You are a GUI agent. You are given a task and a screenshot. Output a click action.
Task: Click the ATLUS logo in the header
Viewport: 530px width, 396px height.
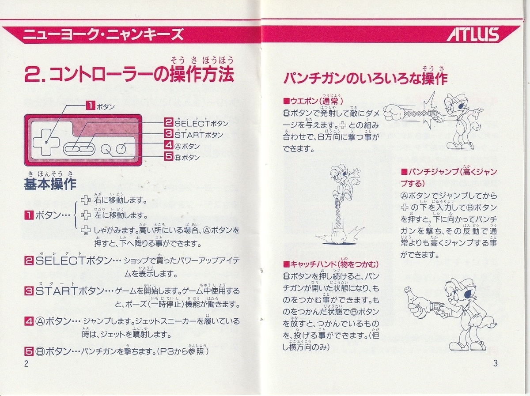click(472, 34)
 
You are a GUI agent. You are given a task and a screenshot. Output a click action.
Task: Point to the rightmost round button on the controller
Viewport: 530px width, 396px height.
click(121, 149)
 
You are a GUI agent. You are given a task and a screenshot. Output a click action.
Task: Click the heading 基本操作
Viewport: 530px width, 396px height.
click(50, 184)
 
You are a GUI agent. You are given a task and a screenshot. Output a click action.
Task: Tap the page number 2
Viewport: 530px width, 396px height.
click(26, 364)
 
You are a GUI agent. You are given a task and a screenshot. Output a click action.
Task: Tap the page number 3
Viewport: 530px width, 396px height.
click(495, 364)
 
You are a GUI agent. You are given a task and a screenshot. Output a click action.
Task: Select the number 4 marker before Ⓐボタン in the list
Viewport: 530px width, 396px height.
click(29, 321)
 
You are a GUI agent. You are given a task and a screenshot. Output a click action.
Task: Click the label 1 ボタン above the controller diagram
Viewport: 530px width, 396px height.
click(100, 106)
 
